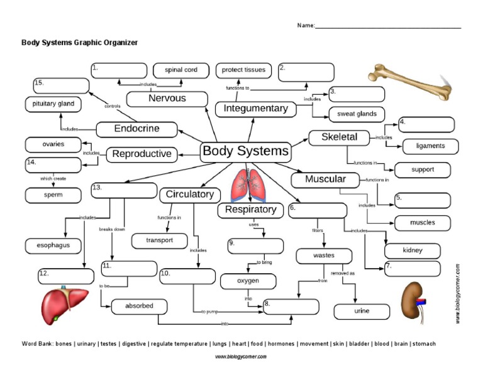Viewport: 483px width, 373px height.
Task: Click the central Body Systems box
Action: [x=245, y=151]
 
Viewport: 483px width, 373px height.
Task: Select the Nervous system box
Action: [x=167, y=99]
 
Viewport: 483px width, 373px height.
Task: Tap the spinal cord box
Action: [x=181, y=70]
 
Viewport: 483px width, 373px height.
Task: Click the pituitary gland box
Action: [x=53, y=104]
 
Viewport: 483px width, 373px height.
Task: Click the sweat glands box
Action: [x=357, y=114]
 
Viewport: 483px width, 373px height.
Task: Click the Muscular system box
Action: [x=325, y=180]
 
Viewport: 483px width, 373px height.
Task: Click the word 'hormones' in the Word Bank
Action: [x=282, y=344]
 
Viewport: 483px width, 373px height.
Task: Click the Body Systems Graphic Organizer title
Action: [x=79, y=43]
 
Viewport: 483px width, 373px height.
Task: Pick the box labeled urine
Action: [x=362, y=311]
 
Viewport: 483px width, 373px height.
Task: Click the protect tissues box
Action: [x=243, y=70]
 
